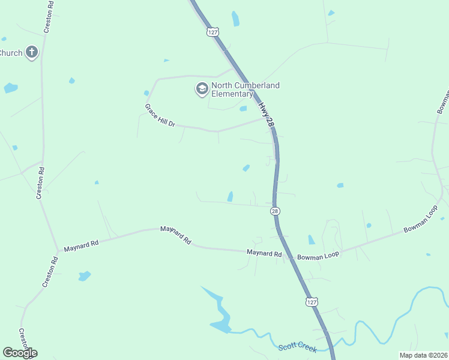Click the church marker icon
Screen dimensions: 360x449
32,53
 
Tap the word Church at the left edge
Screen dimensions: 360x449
11,53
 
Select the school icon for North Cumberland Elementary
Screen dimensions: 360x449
202,89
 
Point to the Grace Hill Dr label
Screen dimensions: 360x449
160,115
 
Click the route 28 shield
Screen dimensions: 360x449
275,211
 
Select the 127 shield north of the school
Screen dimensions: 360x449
212,32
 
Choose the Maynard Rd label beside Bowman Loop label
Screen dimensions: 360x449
264,254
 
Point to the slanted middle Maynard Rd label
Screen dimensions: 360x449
175,235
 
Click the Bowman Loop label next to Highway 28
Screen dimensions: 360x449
318,255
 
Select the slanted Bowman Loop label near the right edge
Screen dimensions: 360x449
421,221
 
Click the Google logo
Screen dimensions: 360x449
20,353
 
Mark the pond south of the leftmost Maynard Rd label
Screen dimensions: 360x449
85,276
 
